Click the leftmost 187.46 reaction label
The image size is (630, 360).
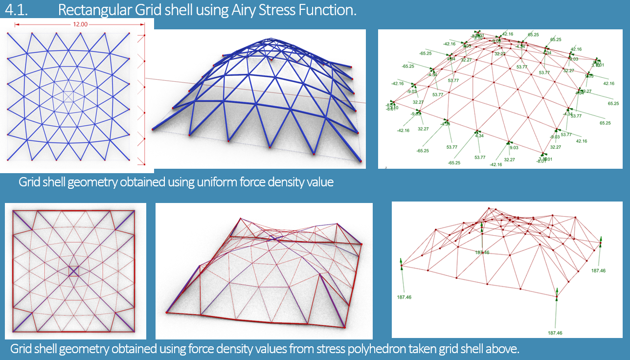point(404,296)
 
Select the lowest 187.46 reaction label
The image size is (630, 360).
point(555,333)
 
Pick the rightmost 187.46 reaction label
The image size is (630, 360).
point(598,270)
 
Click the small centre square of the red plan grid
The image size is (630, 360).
point(73,271)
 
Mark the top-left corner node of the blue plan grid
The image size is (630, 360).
point(8,34)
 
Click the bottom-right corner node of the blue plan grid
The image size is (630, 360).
point(129,159)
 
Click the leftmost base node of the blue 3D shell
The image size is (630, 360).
point(153,130)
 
